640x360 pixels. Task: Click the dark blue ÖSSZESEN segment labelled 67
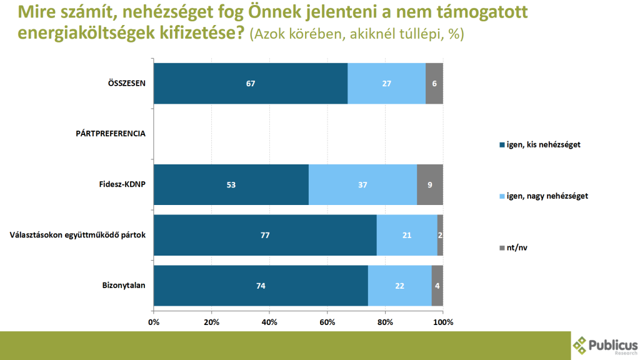point(251,84)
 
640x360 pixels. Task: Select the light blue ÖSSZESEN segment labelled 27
point(386,84)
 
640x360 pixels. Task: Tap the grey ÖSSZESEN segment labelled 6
point(434,84)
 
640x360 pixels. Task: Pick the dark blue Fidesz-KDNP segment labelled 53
point(231,185)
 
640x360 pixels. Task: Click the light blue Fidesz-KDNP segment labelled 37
point(362,185)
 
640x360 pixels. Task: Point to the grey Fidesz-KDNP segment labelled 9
point(430,185)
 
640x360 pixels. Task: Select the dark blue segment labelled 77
point(265,236)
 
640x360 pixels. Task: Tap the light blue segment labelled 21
point(407,236)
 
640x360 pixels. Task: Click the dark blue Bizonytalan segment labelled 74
point(261,286)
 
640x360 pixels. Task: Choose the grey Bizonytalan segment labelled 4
point(437,286)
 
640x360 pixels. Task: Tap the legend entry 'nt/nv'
point(518,247)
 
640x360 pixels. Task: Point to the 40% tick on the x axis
point(269,322)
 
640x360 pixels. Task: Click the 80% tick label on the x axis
point(385,322)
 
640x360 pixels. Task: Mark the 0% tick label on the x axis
point(154,322)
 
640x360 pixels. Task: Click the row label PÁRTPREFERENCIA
point(111,134)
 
